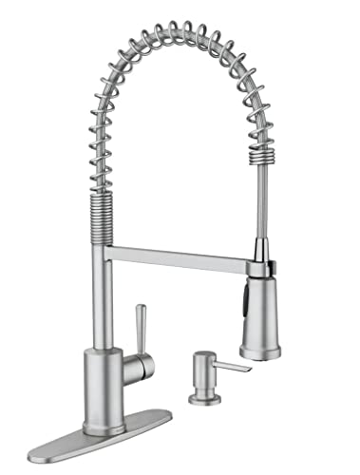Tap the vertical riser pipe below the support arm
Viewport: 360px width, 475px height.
[x=102, y=294]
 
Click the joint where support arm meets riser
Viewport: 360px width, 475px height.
[x=106, y=251]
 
